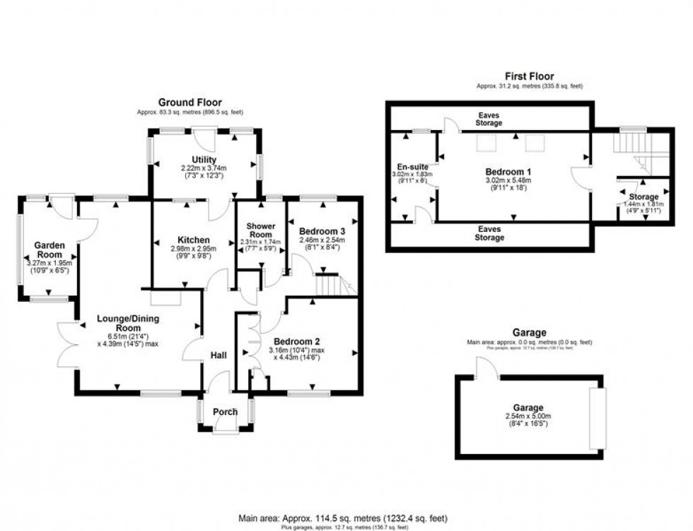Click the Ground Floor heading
(186, 103)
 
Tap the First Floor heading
(529, 76)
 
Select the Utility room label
(203, 160)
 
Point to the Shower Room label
(260, 231)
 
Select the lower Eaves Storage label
(489, 233)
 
